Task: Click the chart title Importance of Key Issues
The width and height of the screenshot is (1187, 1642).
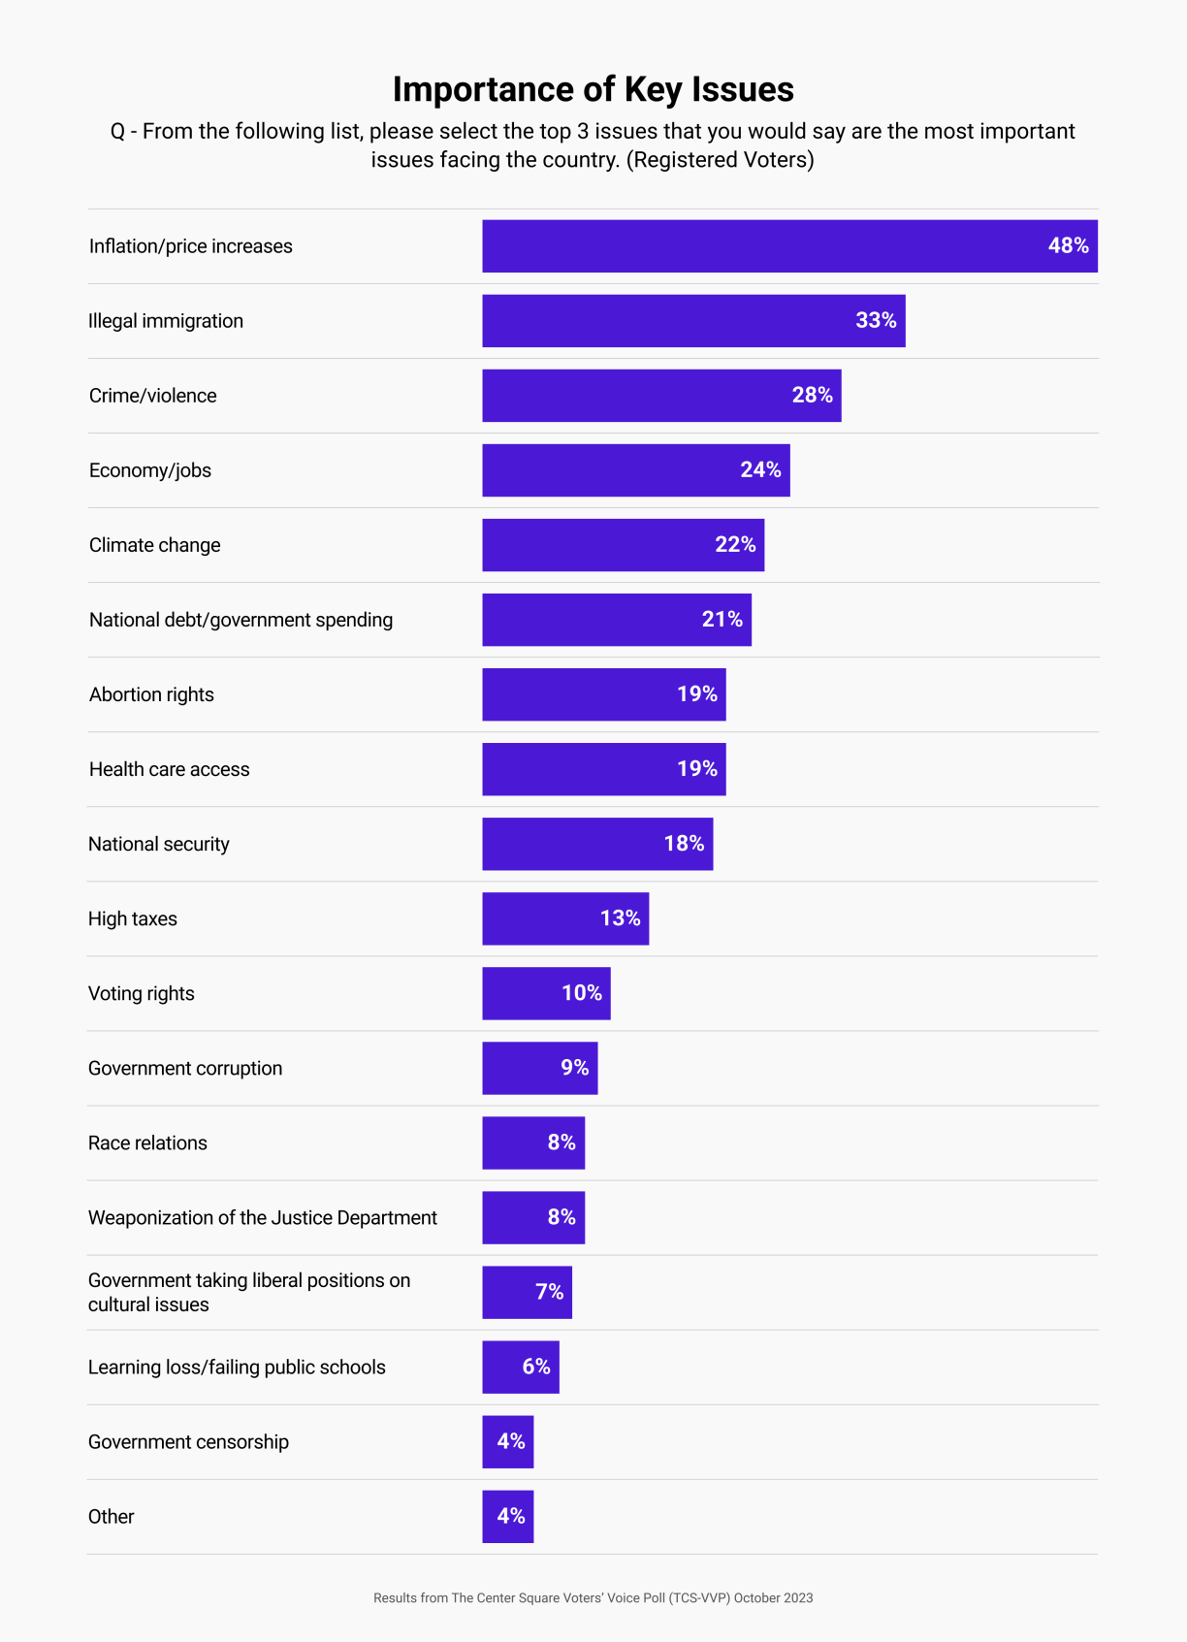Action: tap(593, 89)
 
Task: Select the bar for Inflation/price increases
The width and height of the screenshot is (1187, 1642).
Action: tap(766, 246)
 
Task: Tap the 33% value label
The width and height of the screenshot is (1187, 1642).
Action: tap(875, 321)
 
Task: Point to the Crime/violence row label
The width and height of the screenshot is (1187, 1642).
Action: tap(153, 396)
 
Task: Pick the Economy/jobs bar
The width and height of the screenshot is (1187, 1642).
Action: tap(621, 470)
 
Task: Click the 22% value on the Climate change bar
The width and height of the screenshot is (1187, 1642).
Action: tap(735, 545)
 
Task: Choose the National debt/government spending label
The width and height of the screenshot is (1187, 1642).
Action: tap(241, 620)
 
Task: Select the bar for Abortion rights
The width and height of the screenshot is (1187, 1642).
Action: tap(582, 694)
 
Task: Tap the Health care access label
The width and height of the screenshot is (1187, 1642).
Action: tap(170, 769)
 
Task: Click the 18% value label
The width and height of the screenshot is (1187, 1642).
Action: tap(684, 844)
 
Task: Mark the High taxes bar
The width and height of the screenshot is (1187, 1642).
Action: tap(543, 918)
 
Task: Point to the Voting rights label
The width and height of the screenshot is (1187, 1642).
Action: tap(142, 993)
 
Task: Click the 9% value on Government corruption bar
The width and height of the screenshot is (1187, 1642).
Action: tap(574, 1068)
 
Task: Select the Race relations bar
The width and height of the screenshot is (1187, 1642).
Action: tap(514, 1143)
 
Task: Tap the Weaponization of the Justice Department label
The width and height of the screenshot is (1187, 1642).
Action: tap(263, 1217)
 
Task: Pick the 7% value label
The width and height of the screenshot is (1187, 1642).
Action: tap(549, 1292)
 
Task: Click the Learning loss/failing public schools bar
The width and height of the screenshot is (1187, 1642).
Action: tap(504, 1367)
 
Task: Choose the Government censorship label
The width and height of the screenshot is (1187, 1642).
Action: tap(188, 1441)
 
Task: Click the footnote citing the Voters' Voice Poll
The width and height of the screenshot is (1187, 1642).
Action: tap(593, 1597)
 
